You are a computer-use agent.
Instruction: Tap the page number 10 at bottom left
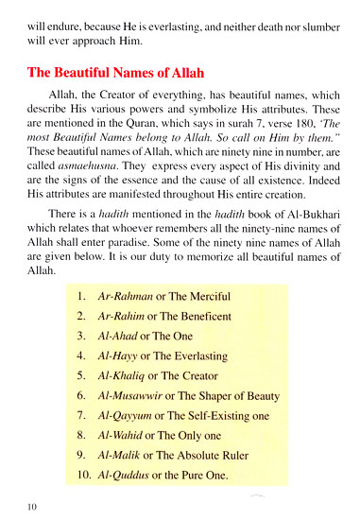coord(33,507)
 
